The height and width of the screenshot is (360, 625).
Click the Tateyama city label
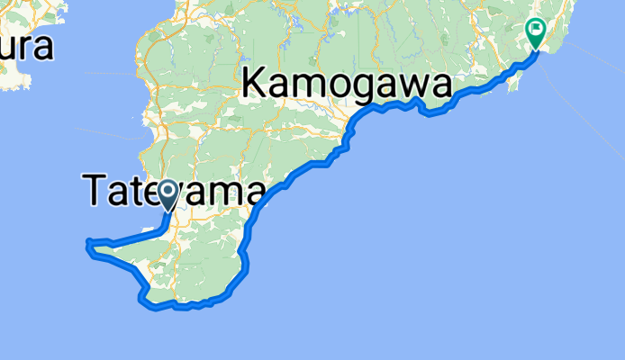176,191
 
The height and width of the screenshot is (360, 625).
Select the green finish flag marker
536,32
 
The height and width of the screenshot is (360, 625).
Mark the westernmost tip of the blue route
86,242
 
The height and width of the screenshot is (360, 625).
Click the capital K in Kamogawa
254,86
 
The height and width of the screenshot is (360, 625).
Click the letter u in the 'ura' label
8,49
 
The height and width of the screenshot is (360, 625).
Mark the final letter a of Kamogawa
439,88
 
